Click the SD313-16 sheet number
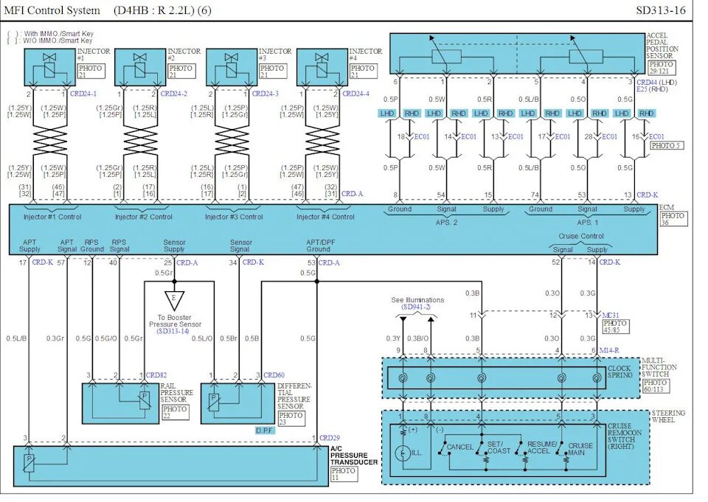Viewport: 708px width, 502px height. tap(660, 10)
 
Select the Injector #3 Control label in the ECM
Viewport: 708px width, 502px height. tap(234, 217)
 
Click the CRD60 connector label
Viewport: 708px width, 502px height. tap(274, 374)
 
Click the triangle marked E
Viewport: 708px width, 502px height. tap(174, 300)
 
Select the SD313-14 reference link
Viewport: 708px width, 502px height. tap(174, 331)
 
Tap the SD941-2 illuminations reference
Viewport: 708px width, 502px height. tap(417, 307)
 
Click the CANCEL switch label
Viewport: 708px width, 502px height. tap(459, 447)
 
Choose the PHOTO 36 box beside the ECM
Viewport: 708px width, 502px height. tap(673, 220)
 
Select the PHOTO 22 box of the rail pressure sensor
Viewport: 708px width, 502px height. tap(175, 412)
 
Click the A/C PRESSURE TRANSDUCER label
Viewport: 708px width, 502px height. tap(354, 455)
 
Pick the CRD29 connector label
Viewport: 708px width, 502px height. tap(330, 438)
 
